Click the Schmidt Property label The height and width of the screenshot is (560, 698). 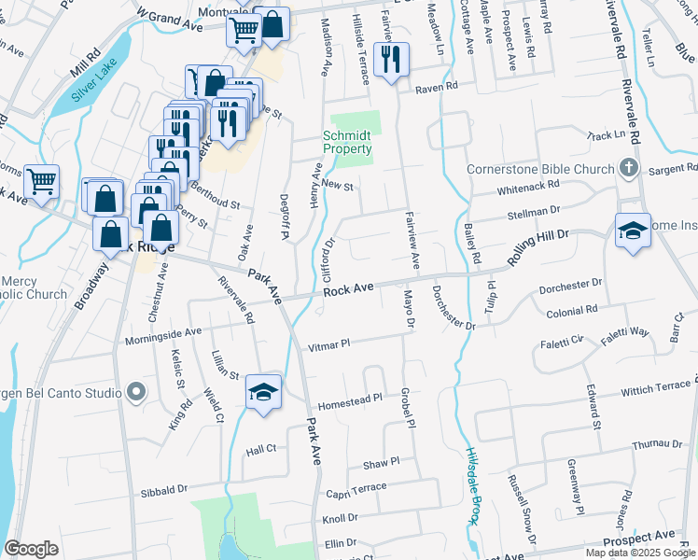pyautogui.click(x=347, y=142)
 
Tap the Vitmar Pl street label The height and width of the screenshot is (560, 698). pyautogui.click(x=330, y=344)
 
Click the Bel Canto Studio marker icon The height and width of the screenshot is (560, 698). pyautogui.click(x=137, y=392)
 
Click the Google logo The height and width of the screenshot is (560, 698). pyautogui.click(x=31, y=549)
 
